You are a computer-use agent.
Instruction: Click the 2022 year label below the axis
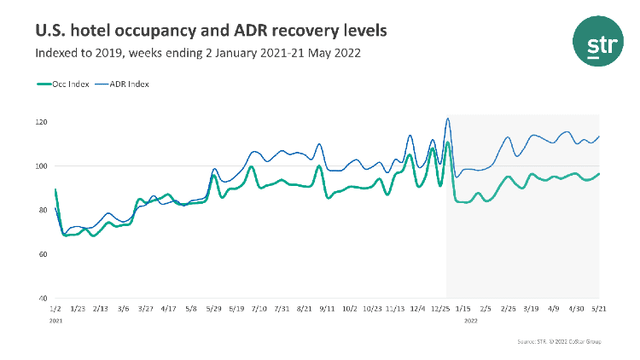click(471, 322)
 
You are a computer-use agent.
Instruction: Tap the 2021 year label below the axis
click(56, 322)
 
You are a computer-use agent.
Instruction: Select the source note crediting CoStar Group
click(559, 341)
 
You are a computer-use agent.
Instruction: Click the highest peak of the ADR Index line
click(448, 119)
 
